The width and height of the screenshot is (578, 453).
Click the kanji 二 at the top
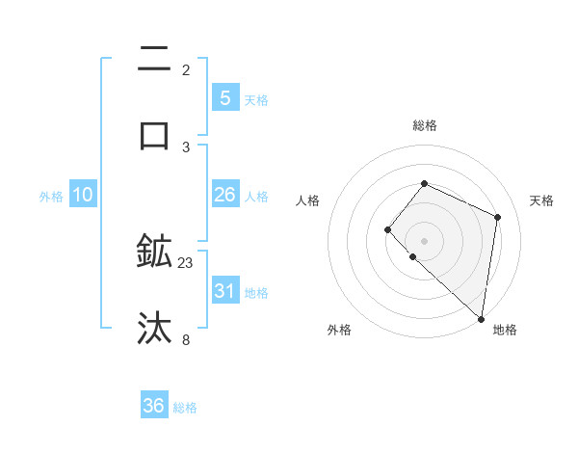[155, 60]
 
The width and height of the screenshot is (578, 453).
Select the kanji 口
[155, 134]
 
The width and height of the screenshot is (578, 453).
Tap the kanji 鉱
[155, 252]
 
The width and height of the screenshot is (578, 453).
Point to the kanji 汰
[155, 328]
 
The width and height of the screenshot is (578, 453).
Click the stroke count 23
[186, 263]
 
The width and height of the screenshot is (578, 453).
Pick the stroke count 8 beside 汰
[186, 339]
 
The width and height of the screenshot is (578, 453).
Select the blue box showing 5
[224, 97]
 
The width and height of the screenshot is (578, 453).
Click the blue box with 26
[224, 195]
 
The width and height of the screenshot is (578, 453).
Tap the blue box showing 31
[224, 290]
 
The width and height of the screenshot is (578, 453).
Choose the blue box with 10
[83, 195]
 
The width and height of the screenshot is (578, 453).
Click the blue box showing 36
[153, 406]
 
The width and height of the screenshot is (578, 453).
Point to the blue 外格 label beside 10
[51, 197]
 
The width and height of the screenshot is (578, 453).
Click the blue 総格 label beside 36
[185, 408]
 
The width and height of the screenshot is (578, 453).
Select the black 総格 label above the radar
[424, 125]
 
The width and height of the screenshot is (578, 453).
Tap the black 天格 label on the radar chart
[541, 200]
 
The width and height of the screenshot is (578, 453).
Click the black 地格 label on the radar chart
[505, 330]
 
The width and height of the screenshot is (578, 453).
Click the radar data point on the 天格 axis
[498, 217]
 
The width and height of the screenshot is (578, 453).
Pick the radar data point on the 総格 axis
[424, 183]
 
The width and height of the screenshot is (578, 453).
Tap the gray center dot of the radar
[424, 241]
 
